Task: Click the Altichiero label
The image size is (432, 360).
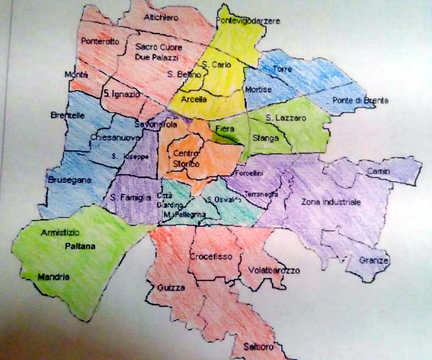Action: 161,18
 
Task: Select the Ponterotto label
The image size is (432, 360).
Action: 100,41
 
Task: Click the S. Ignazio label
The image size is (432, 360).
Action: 122,94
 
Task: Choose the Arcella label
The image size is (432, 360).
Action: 194,100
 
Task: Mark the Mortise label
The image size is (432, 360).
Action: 258,89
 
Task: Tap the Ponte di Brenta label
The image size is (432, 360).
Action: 360,100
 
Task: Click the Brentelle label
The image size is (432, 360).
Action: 68,115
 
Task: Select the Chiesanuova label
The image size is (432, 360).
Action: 115,138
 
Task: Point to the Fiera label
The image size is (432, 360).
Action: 224,129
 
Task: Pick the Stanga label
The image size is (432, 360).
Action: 266,138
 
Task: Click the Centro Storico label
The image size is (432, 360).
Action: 186,158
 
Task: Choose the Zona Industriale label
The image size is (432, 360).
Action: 331,202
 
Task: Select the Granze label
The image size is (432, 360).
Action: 374,260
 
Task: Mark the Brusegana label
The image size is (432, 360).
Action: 69,180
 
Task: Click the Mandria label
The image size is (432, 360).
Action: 54,277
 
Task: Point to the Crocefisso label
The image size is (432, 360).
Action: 210,256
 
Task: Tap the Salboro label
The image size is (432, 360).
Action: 259,347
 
